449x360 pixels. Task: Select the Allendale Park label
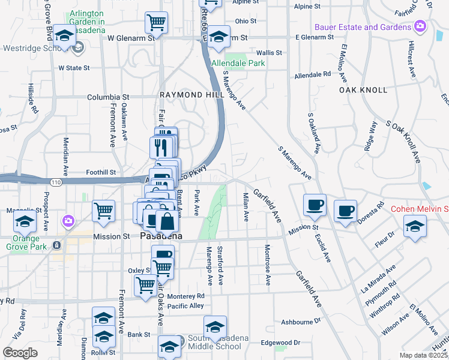point(238,63)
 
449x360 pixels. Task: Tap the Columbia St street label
point(108,97)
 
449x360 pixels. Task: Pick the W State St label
point(74,68)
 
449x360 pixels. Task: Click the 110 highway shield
point(56,182)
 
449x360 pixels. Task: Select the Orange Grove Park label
point(25,241)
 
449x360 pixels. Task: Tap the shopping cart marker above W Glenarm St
point(156,23)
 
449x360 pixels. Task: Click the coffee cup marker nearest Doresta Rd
point(345,211)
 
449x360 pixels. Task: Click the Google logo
point(20,353)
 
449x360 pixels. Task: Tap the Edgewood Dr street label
point(281,343)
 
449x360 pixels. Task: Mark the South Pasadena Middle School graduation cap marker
point(215,327)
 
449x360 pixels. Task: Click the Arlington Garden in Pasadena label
point(95,17)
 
